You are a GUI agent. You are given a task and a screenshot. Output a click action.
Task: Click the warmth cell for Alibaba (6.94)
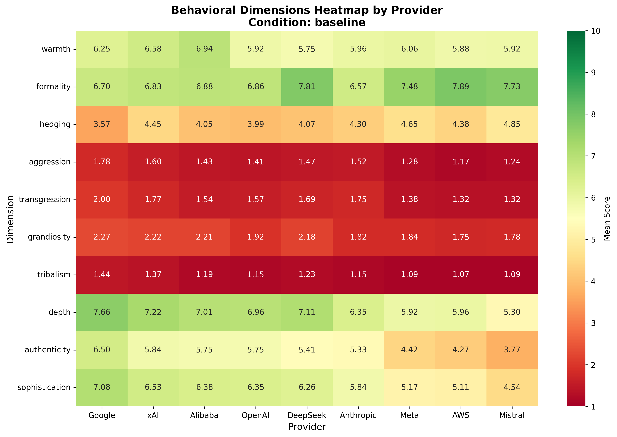click(x=204, y=49)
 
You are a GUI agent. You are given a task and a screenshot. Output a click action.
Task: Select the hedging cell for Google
click(x=102, y=124)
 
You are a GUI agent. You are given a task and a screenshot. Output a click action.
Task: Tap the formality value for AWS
click(x=461, y=87)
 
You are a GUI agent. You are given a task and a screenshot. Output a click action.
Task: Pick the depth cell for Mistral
click(x=512, y=312)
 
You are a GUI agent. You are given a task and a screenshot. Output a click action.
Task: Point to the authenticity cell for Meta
click(x=409, y=350)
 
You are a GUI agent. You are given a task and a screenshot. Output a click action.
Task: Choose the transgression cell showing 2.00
click(x=102, y=199)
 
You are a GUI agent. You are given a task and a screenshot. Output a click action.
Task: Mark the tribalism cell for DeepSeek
click(x=307, y=274)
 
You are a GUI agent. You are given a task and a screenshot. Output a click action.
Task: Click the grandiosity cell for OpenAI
click(x=256, y=237)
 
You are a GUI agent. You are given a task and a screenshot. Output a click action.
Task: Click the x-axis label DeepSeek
click(x=307, y=415)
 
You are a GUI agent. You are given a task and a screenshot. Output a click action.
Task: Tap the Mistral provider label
click(x=512, y=415)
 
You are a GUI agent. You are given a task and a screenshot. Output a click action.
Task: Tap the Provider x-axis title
click(x=307, y=427)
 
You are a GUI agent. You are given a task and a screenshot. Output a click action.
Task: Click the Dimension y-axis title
click(x=10, y=219)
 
